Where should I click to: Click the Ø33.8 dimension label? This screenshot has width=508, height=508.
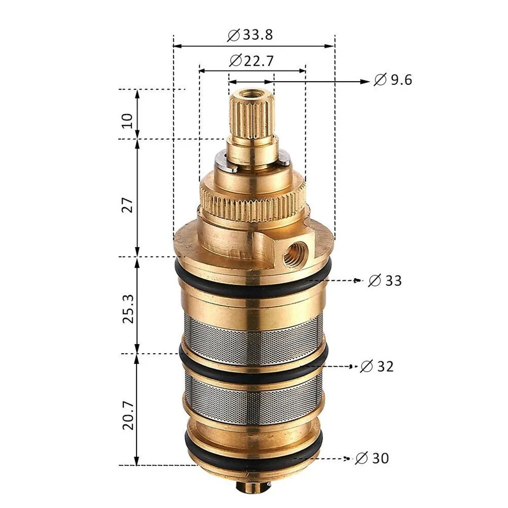[x=250, y=35]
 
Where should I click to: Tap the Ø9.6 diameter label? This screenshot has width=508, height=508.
[x=393, y=80]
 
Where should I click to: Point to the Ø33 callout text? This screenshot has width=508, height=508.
[x=385, y=280]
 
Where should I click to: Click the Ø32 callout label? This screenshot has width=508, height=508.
[x=377, y=367]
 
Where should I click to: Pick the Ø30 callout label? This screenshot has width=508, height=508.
[x=372, y=458]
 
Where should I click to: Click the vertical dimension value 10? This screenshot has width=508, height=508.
[x=127, y=120]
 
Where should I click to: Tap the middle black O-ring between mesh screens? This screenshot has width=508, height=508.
[x=252, y=373]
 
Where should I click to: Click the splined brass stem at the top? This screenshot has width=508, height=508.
[x=252, y=116]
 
